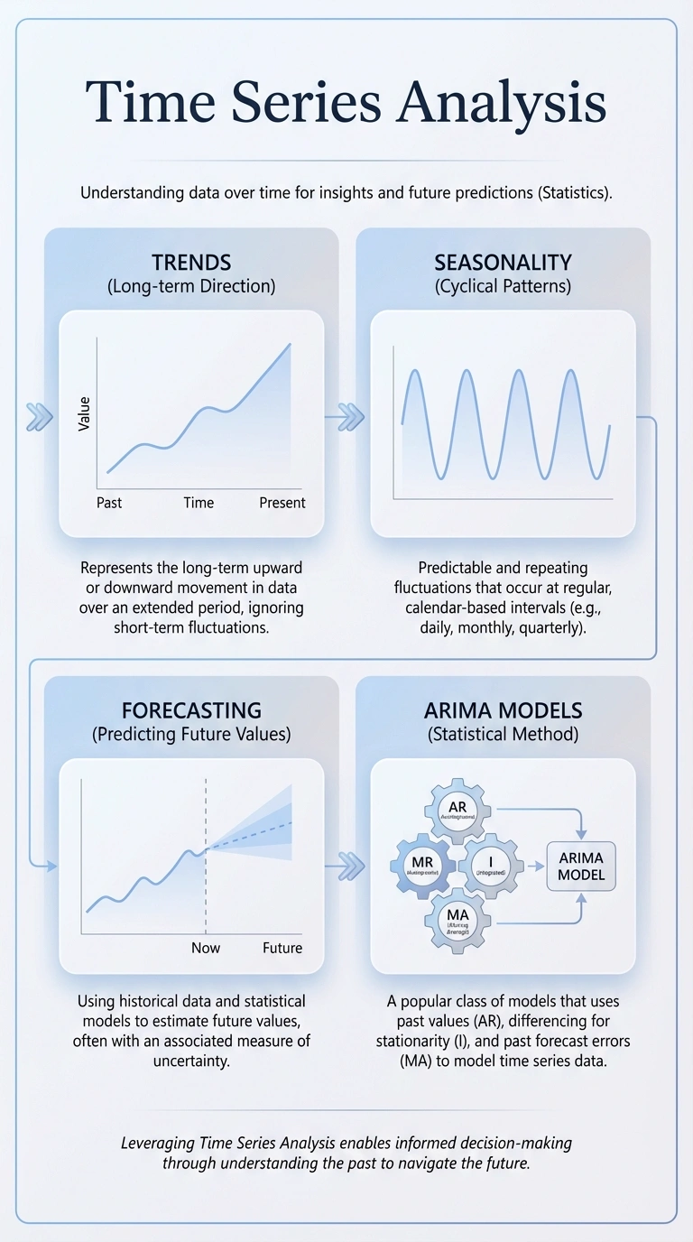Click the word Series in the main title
coord(306,104)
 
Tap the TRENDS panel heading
coord(191,263)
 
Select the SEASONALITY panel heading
coord(503,263)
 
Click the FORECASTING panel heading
coord(191,709)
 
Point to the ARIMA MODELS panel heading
coord(503,709)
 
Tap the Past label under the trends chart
coord(109,503)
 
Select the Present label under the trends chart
coord(282,503)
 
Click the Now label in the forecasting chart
coord(206,948)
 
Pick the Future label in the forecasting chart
coord(282,948)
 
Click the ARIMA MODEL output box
coord(580,866)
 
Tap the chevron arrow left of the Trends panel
coord(39,416)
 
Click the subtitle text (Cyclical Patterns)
coord(503,287)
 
